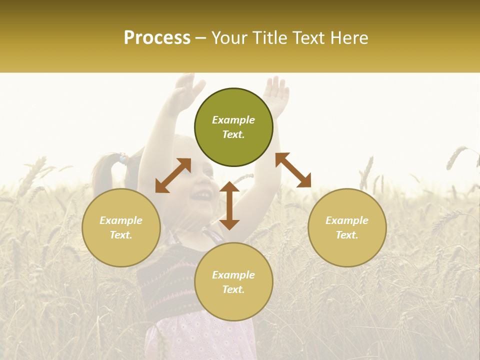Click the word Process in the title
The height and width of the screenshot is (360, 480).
(157, 38)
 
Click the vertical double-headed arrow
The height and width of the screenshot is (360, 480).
(229, 205)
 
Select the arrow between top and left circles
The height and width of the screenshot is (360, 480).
(173, 175)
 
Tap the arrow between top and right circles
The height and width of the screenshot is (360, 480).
(293, 170)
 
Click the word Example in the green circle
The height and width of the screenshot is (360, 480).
(233, 120)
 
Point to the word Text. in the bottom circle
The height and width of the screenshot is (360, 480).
(233, 289)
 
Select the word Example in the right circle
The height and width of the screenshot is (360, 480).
(347, 220)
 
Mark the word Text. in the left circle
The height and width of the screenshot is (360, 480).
(121, 235)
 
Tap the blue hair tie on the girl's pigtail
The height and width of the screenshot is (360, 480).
(122, 159)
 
